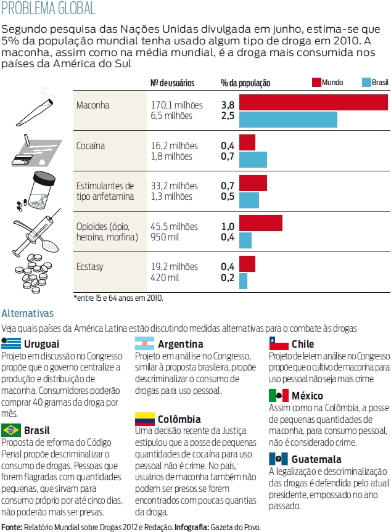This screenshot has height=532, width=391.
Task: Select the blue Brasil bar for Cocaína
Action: (x=253, y=159)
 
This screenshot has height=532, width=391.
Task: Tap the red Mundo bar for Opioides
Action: (x=260, y=223)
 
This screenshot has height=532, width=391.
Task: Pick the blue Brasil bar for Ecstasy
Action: (x=243, y=281)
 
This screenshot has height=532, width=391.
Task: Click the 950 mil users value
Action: (x=166, y=237)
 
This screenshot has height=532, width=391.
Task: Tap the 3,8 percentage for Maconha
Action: (x=228, y=105)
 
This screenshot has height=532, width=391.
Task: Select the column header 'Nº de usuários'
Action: (x=173, y=83)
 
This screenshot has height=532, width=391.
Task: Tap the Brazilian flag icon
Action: (x=11, y=429)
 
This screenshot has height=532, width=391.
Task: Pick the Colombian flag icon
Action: (x=144, y=419)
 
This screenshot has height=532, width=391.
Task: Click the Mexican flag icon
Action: (x=279, y=396)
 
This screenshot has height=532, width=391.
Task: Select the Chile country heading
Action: (x=302, y=344)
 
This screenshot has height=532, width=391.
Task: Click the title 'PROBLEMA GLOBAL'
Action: (x=49, y=9)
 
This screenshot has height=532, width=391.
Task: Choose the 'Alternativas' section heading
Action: (x=28, y=314)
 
